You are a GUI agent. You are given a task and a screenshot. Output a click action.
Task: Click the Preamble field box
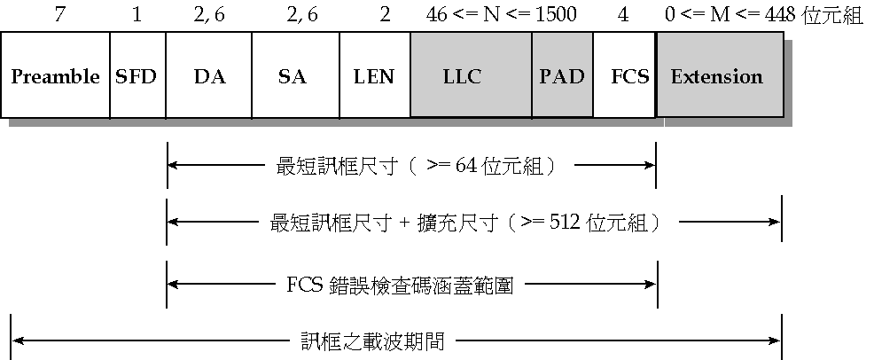[x=55, y=75]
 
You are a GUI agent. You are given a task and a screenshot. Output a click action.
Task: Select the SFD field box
[x=137, y=75]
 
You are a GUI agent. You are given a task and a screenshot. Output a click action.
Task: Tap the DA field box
[x=209, y=75]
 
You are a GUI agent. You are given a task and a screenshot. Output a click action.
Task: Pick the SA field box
[x=292, y=75]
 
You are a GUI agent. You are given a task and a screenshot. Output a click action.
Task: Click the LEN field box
[x=373, y=75]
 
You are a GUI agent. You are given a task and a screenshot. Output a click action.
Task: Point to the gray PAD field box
[x=562, y=75]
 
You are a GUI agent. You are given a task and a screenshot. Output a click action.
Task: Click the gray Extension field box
[x=719, y=75]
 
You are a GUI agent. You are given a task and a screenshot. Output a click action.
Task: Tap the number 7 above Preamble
[x=59, y=16]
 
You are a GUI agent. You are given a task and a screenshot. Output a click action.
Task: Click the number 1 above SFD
[x=137, y=16]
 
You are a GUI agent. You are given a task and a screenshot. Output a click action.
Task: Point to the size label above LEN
[x=384, y=16]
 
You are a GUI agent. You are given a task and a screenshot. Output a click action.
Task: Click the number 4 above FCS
[x=625, y=16]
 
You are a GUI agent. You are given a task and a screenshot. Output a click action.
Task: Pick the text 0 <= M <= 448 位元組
[x=762, y=16]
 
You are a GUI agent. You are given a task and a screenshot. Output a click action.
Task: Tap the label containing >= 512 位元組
[x=465, y=223]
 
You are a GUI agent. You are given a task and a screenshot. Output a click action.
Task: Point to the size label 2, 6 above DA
[x=209, y=16]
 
